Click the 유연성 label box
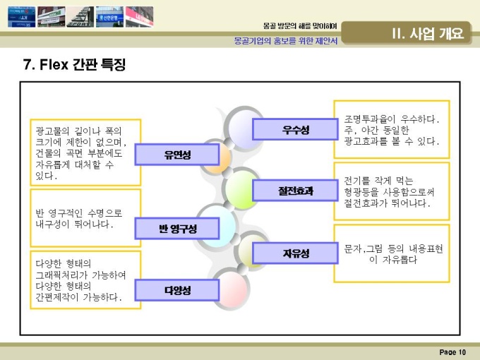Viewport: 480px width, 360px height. click(177, 155)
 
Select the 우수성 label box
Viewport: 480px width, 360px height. click(295, 129)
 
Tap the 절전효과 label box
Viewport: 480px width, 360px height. click(295, 191)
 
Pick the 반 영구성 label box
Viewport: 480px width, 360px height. click(177, 229)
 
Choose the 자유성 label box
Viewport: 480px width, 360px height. click(295, 253)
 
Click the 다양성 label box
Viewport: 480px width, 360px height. click(177, 290)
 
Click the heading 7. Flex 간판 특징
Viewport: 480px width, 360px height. click(74, 64)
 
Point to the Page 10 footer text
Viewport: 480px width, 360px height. click(452, 352)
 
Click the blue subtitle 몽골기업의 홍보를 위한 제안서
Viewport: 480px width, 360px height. click(286, 41)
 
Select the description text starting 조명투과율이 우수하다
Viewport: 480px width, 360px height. click(391, 130)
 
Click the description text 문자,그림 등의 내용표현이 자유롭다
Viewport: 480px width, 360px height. click(393, 254)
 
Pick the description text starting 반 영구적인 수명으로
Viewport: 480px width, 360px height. click(78, 219)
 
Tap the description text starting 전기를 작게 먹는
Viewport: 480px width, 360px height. click(389, 192)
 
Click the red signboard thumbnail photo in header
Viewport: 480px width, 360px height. click(139, 17)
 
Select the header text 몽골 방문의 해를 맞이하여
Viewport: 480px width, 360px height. click(300, 26)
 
